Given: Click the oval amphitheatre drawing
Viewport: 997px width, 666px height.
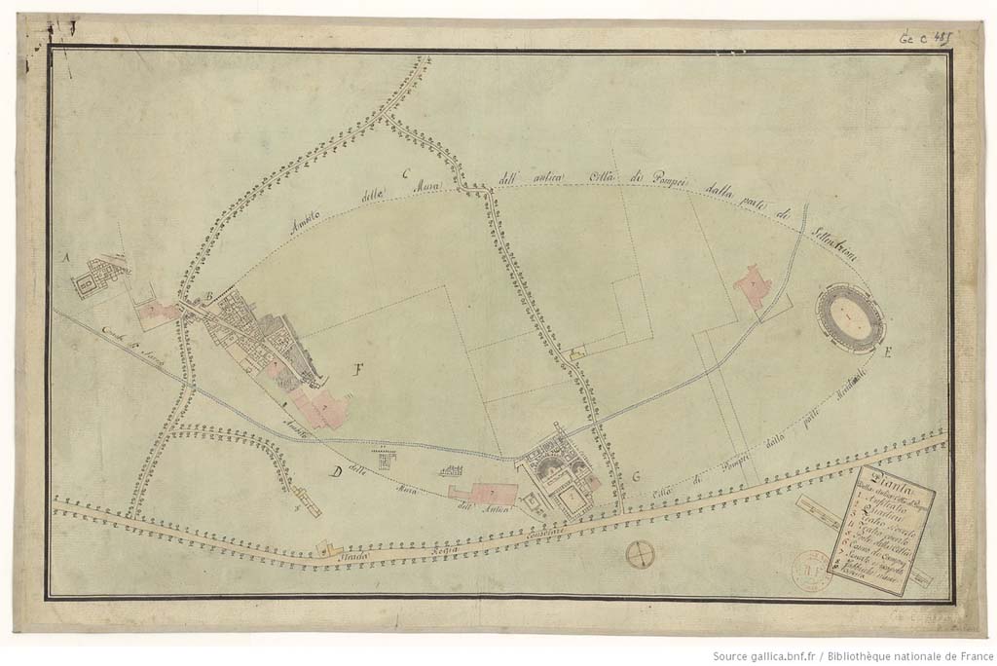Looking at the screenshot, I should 849,315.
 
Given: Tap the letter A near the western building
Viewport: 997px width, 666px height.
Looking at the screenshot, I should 66,258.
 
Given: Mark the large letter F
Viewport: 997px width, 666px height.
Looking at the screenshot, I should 359,369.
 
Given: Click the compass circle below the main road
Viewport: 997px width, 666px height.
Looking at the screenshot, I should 640,554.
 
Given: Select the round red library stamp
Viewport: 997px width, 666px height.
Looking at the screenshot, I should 811,570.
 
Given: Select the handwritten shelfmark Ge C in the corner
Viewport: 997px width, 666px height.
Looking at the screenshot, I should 922,39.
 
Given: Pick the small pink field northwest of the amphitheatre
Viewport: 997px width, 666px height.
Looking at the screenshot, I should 753,286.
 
